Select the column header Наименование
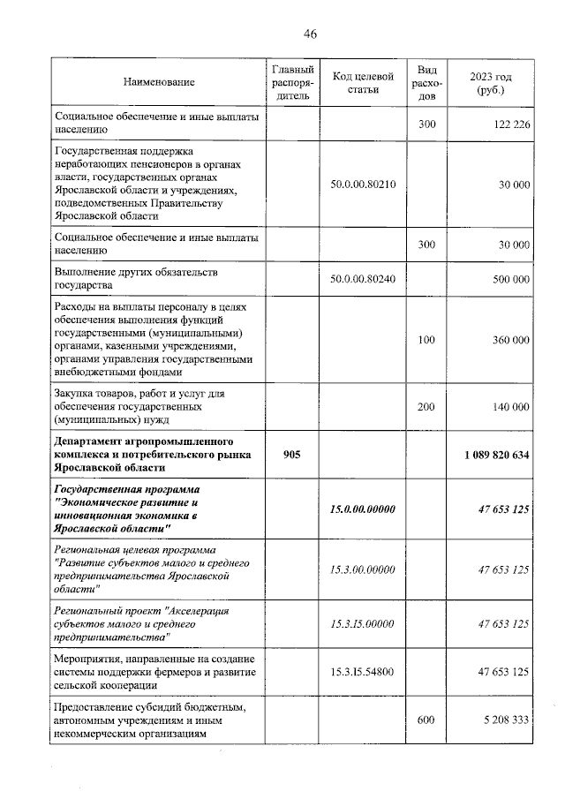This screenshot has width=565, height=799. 159,82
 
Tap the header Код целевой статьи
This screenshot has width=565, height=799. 362,82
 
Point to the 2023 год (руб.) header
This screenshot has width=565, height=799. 488,82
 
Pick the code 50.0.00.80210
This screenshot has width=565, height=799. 362,185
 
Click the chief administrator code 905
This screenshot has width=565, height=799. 292,455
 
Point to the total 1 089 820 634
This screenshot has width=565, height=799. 495,455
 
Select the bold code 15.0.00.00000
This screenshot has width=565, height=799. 362,509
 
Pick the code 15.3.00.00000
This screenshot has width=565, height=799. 362,569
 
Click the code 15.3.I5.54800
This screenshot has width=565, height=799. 362,672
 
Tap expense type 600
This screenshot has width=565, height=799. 426,720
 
